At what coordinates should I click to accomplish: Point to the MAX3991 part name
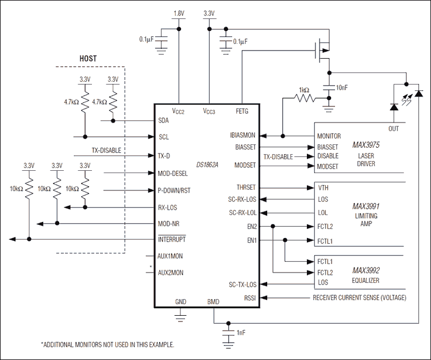[x=366, y=205]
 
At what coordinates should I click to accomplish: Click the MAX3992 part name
[x=366, y=270]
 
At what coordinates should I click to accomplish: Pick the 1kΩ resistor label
[x=303, y=90]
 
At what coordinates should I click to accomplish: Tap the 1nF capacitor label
[x=242, y=333]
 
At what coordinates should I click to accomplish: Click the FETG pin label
[x=243, y=111]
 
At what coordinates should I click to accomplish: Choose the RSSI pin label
[x=250, y=298]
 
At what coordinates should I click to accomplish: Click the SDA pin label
[x=163, y=121]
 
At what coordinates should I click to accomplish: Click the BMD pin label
[x=213, y=301]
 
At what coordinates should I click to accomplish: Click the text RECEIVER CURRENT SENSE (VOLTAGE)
[x=359, y=298]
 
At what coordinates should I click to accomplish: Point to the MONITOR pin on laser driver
[x=329, y=136]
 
